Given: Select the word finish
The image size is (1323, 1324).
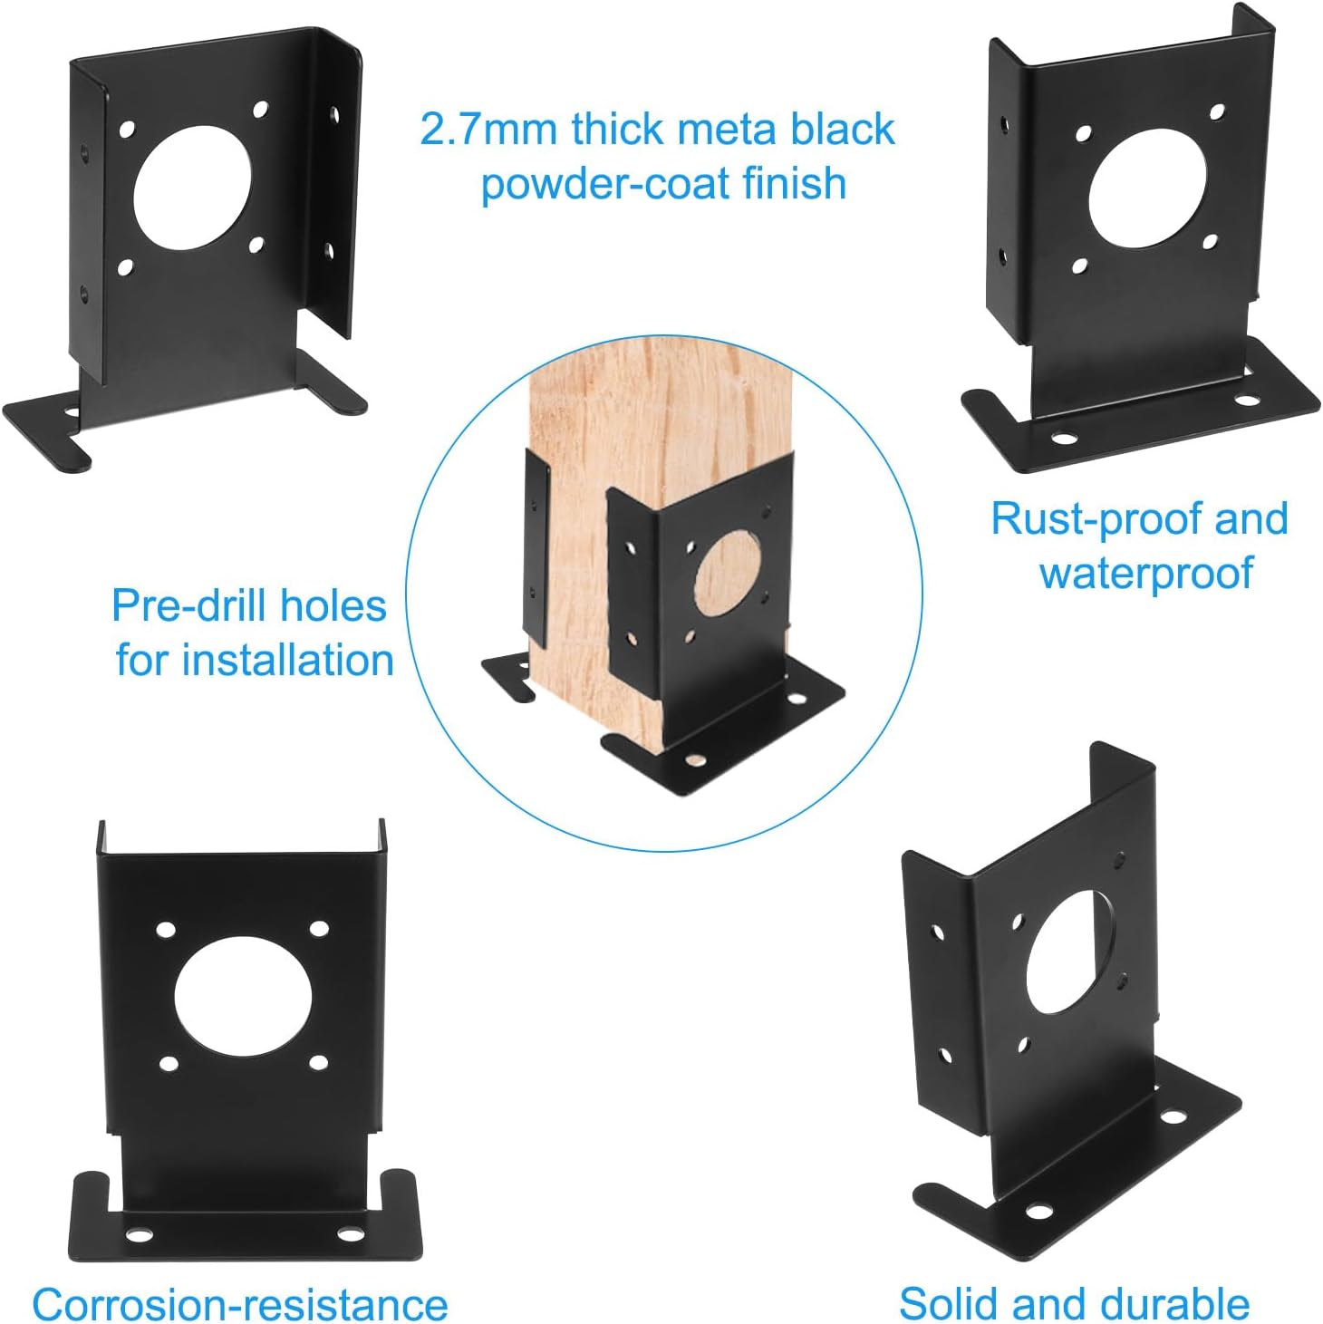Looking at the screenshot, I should [x=795, y=183].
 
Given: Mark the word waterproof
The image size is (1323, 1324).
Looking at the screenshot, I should [x=1146, y=574].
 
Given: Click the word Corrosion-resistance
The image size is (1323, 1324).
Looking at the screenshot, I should [x=240, y=1305].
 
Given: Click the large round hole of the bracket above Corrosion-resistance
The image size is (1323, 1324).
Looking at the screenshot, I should [x=243, y=997].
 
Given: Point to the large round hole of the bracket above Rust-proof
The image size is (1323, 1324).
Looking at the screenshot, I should [x=1147, y=188].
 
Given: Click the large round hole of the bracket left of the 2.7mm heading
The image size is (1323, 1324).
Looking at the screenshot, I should [x=191, y=188].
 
